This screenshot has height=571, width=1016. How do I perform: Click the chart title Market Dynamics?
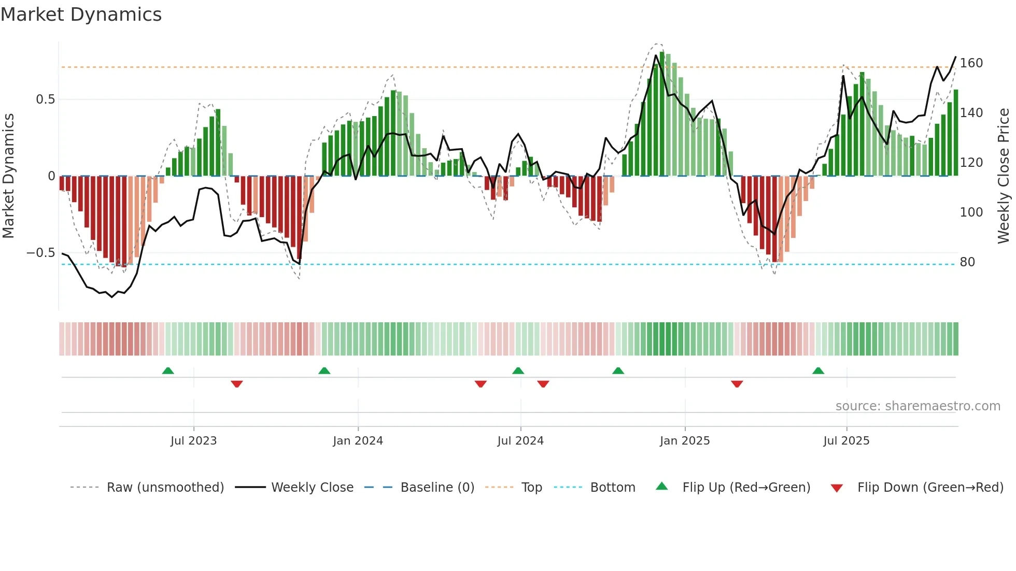pyautogui.click(x=81, y=15)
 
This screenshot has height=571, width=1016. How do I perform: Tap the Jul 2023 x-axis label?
pyautogui.click(x=193, y=441)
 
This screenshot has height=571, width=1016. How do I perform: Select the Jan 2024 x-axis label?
pyautogui.click(x=358, y=441)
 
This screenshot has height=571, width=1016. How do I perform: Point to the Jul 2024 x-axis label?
pyautogui.click(x=520, y=441)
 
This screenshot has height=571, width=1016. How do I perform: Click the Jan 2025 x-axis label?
pyautogui.click(x=685, y=441)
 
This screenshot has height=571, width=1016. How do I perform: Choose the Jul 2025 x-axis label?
pyautogui.click(x=846, y=441)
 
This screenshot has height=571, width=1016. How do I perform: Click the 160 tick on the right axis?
pyautogui.click(x=971, y=63)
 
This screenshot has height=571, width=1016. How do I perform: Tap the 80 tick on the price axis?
pyautogui.click(x=967, y=262)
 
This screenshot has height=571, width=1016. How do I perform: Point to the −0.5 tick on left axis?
pyautogui.click(x=40, y=253)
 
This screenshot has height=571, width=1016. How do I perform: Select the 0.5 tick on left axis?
pyautogui.click(x=45, y=99)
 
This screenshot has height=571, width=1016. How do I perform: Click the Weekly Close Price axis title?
pyautogui.click(x=1004, y=176)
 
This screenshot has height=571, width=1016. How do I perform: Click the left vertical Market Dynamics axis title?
pyautogui.click(x=8, y=176)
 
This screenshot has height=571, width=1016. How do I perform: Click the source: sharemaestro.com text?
pyautogui.click(x=918, y=406)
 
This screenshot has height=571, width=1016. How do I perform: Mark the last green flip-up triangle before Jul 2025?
pyautogui.click(x=818, y=370)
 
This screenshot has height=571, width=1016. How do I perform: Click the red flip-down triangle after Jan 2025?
pyautogui.click(x=737, y=384)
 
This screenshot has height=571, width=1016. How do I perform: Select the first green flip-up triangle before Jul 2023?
pyautogui.click(x=168, y=370)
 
